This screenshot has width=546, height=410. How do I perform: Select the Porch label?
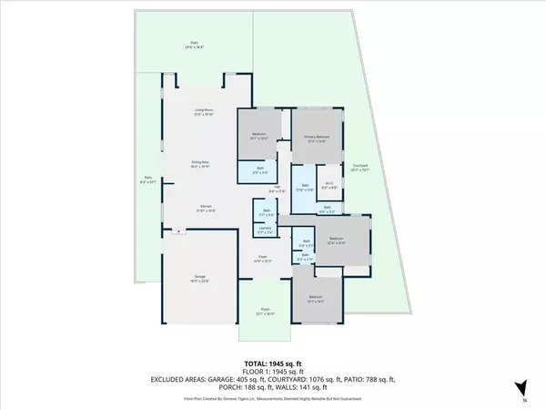pyautogui.click(x=265, y=311)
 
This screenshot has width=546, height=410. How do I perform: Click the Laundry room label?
pyautogui.click(x=265, y=231)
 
